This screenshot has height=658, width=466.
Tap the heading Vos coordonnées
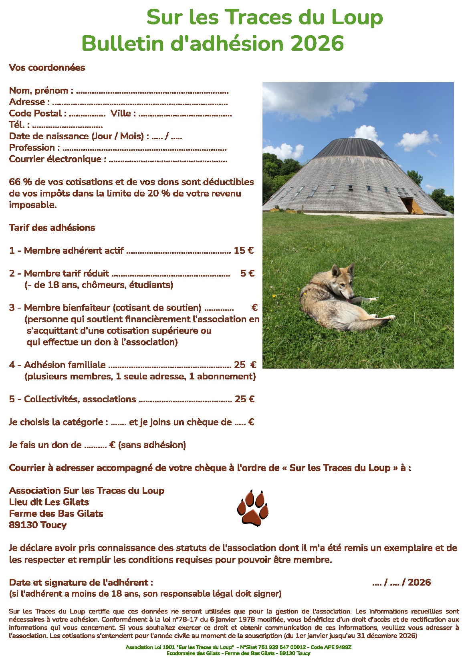click(47, 67)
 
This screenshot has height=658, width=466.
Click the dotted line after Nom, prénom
click(152, 92)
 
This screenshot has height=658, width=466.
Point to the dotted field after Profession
click(145, 149)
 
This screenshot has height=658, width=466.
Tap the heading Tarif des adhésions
click(52, 228)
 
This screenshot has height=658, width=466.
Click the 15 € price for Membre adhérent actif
click(244, 251)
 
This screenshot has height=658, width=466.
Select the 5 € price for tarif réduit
click(247, 273)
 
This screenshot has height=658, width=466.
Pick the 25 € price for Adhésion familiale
click(245, 365)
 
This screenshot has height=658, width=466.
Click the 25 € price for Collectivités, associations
click(244, 399)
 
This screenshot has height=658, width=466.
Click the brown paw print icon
click(253, 508)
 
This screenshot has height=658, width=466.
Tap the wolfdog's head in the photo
click(344, 281)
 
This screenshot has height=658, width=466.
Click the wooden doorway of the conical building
click(412, 205)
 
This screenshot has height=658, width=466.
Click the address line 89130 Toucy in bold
click(38, 525)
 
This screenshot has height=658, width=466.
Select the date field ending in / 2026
click(401, 582)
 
